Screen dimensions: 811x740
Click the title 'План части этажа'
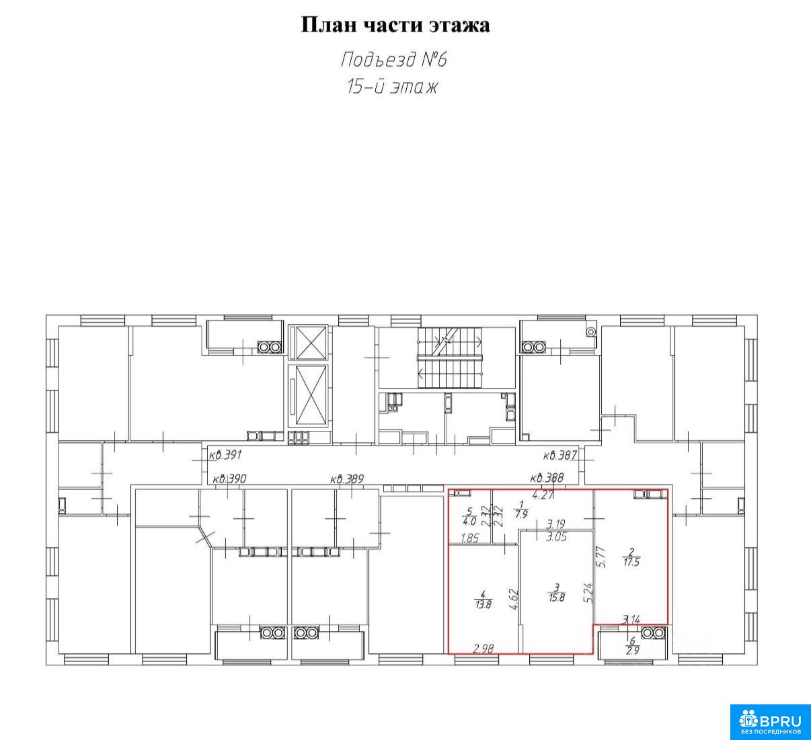pyautogui.click(x=395, y=25)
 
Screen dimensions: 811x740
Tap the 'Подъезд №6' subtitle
pyautogui.click(x=394, y=60)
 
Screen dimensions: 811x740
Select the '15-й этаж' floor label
pyautogui.click(x=393, y=87)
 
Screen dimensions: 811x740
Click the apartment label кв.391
pyautogui.click(x=225, y=455)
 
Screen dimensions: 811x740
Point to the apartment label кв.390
pyautogui.click(x=229, y=479)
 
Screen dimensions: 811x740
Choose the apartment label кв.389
pyautogui.click(x=347, y=479)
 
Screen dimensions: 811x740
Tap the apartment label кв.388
pyautogui.click(x=547, y=478)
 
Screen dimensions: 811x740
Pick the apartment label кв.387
pyautogui.click(x=559, y=456)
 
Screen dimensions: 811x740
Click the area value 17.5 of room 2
pyautogui.click(x=631, y=562)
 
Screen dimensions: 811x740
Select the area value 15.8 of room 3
pyautogui.click(x=557, y=598)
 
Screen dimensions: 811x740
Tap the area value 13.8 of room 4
pyautogui.click(x=484, y=605)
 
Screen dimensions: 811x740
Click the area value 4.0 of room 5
pyautogui.click(x=469, y=521)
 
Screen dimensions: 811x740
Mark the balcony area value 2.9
pyautogui.click(x=632, y=651)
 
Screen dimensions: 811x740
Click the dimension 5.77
pyautogui.click(x=601, y=557)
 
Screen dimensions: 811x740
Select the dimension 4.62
pyautogui.click(x=514, y=599)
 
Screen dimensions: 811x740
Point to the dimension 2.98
pyautogui.click(x=484, y=649)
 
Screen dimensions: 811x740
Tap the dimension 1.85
pyautogui.click(x=470, y=538)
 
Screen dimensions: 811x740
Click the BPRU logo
pyautogui.click(x=770, y=722)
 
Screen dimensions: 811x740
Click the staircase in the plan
pyautogui.click(x=450, y=358)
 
